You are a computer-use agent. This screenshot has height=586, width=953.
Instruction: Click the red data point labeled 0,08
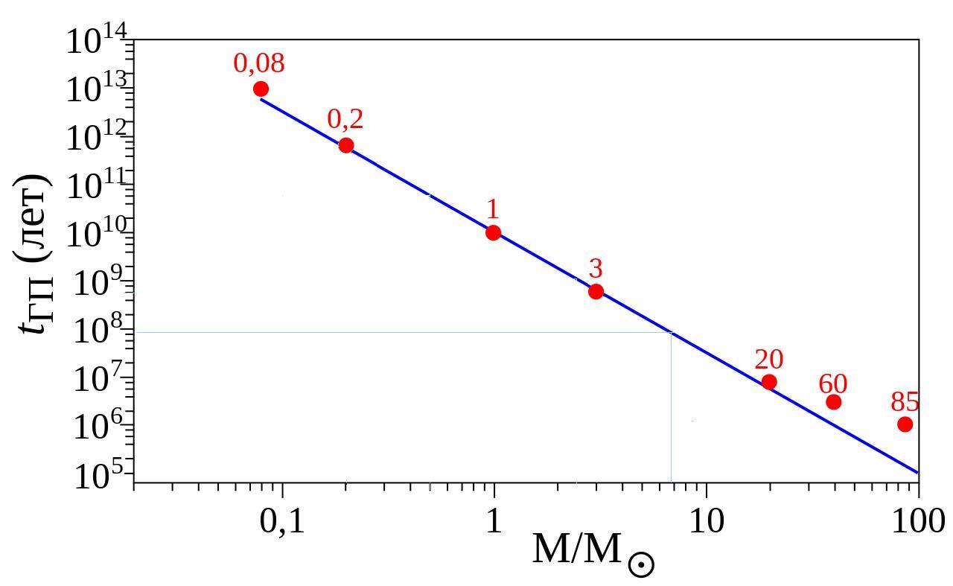261,89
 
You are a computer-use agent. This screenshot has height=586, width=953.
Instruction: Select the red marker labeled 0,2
346,145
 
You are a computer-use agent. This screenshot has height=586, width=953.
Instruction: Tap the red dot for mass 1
493,232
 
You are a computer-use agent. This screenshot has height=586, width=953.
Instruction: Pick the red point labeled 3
596,291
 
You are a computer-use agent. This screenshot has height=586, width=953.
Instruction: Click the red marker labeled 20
769,382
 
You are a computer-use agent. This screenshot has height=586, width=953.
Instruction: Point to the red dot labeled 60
834,402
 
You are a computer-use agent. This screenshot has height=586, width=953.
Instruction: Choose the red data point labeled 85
905,424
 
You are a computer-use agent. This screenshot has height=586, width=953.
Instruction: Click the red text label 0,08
259,64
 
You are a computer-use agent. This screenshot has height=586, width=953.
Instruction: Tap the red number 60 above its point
833,384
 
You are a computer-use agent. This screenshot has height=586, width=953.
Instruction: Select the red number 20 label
769,360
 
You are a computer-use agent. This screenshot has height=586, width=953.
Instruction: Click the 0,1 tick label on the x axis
282,522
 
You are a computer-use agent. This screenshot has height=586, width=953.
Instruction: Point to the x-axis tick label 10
706,522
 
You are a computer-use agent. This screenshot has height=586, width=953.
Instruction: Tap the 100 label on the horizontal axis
918,522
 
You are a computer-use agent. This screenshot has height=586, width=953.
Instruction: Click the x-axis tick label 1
494,522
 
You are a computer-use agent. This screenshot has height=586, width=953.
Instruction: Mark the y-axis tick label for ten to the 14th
98,42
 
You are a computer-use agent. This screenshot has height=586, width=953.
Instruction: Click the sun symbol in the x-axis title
641,564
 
